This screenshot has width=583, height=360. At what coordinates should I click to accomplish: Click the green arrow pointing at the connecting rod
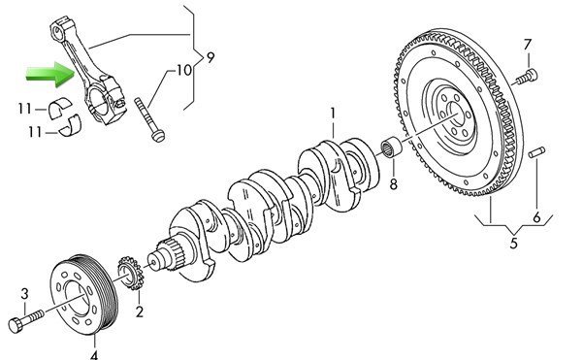click(50, 75)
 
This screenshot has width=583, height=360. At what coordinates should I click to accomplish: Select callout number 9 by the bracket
click(211, 57)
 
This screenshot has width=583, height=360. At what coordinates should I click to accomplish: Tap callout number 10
click(183, 70)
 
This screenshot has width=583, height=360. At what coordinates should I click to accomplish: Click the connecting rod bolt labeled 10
click(149, 119)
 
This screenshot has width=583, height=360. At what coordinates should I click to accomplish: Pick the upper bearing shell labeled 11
click(59, 108)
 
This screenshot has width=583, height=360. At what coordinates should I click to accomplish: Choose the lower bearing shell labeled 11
click(71, 125)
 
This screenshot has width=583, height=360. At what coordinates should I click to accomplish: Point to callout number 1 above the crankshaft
click(333, 114)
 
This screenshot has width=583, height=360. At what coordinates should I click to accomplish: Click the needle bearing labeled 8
click(392, 148)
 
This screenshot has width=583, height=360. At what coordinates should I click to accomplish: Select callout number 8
click(394, 184)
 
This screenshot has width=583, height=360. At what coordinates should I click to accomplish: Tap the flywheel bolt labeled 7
click(526, 77)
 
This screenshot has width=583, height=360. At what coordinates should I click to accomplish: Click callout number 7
click(528, 45)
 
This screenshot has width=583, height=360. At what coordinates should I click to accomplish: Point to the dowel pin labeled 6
click(537, 152)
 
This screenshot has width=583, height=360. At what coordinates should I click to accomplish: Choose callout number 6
click(536, 217)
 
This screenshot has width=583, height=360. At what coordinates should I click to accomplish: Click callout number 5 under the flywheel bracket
click(513, 244)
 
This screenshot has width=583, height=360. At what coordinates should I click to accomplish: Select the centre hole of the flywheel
click(456, 115)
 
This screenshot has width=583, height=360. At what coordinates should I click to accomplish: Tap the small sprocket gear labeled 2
click(130, 273)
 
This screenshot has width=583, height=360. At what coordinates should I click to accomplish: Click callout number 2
click(139, 311)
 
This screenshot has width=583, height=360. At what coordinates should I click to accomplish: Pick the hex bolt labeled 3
click(26, 320)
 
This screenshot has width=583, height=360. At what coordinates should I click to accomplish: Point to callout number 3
click(24, 294)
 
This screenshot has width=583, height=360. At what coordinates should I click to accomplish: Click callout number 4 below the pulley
click(94, 355)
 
